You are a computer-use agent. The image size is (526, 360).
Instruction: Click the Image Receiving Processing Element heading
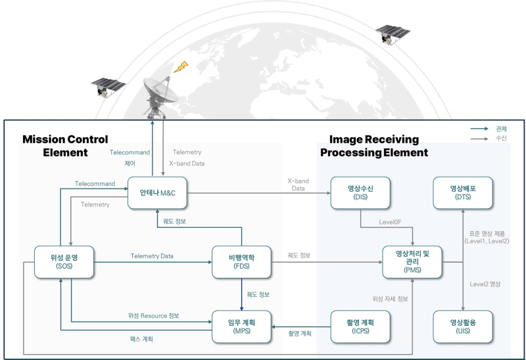(x=374, y=146)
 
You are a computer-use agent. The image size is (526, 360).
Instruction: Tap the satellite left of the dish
(x=107, y=86)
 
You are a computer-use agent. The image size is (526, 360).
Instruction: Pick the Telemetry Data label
(x=152, y=256)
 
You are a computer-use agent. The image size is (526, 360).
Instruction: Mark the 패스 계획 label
(x=143, y=339)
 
